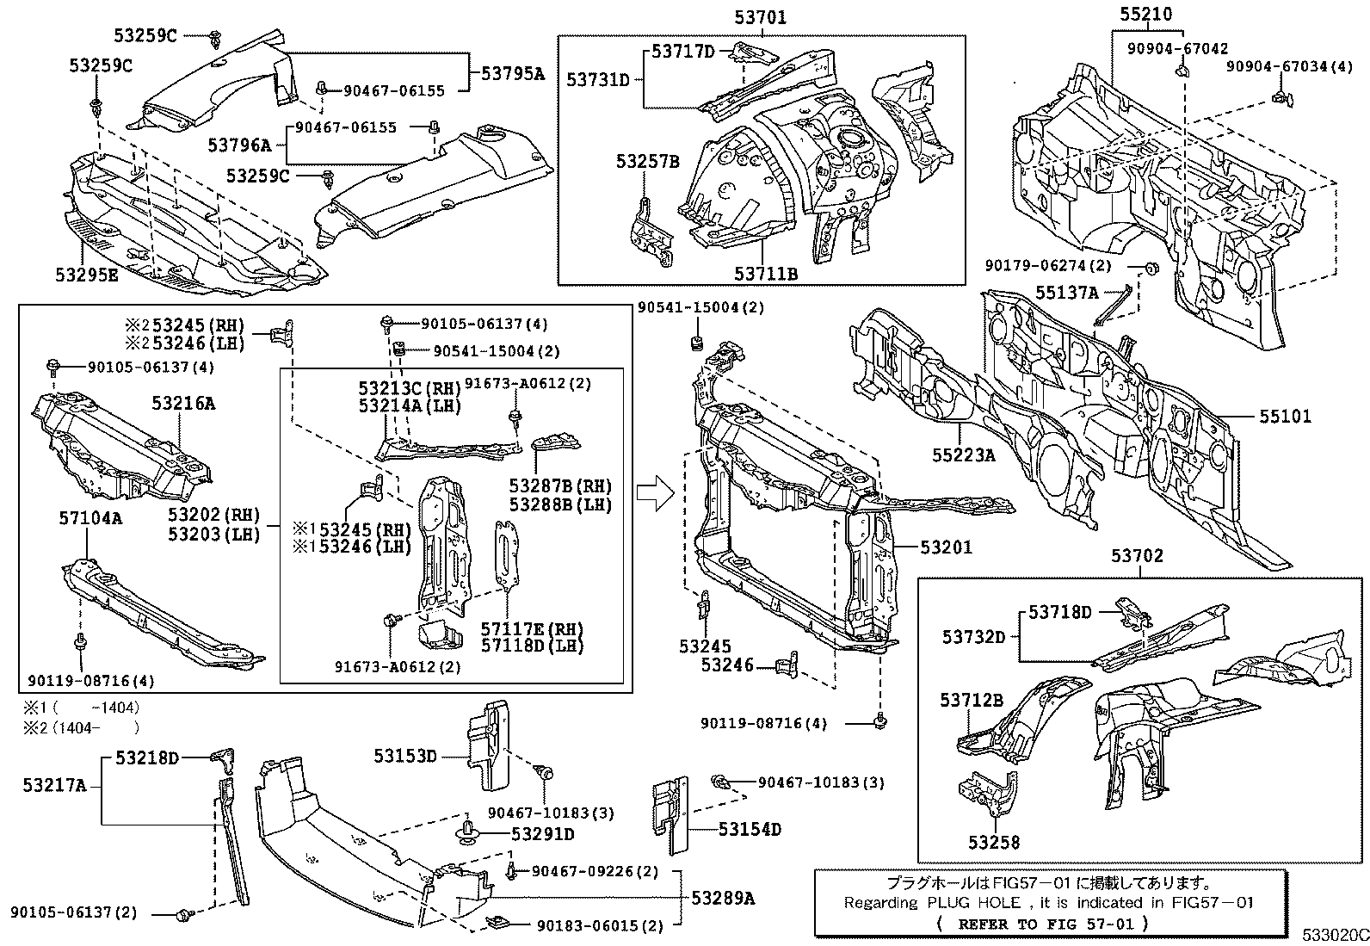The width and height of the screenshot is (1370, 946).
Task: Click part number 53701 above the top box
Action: (x=760, y=16)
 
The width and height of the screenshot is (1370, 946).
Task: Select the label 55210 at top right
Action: (x=1145, y=15)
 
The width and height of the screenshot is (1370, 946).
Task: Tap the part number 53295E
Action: (x=86, y=275)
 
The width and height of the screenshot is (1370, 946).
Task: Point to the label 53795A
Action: (x=513, y=74)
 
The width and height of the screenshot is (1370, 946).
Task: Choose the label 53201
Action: (x=946, y=547)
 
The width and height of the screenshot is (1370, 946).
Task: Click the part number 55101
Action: (x=1286, y=417)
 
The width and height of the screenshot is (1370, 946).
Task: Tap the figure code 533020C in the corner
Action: (x=1334, y=935)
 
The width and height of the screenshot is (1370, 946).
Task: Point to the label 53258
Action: (x=994, y=842)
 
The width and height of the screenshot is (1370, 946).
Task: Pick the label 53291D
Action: (x=542, y=834)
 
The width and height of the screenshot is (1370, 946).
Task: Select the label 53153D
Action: (x=406, y=756)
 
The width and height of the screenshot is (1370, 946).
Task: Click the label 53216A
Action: (x=184, y=402)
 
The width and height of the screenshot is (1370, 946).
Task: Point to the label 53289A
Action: (x=723, y=898)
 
